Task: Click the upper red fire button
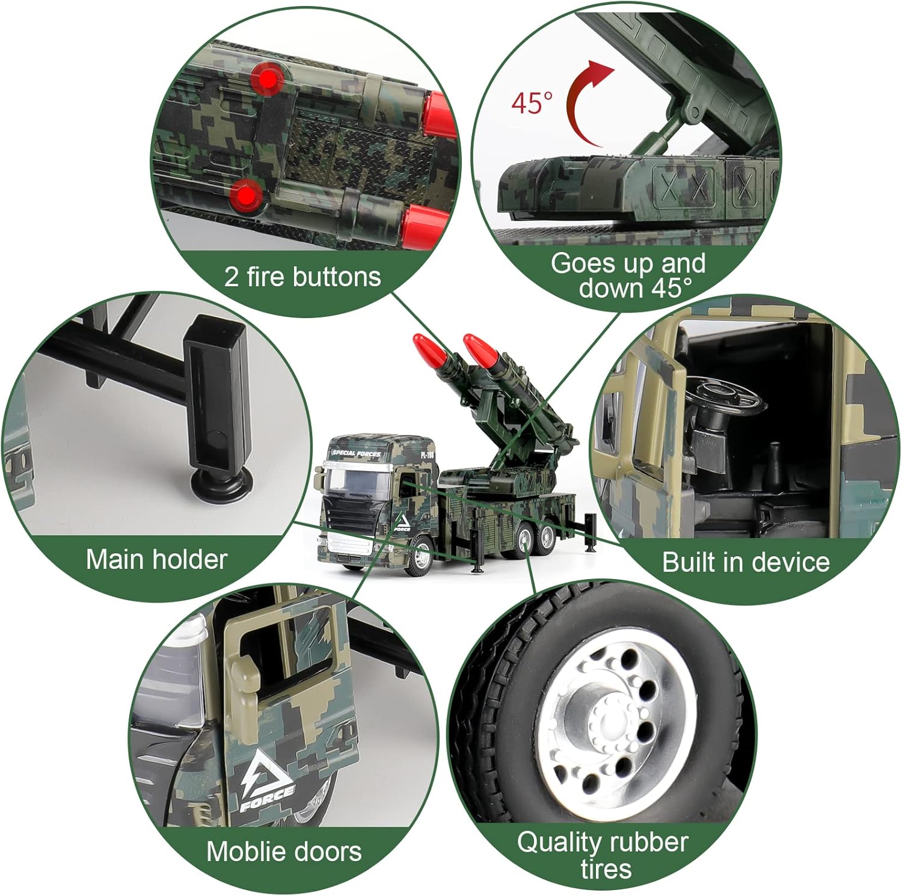pos(268,79)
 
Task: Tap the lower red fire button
pos(247,195)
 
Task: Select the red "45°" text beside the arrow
pos(532,103)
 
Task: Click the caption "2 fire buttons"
pos(302,277)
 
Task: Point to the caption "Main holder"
pos(156,559)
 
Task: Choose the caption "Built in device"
pos(746,562)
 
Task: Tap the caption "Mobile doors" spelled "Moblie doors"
pos(284,852)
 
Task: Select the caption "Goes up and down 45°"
pos(628,275)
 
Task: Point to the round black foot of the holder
pos(217,482)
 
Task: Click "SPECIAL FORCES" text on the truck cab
pos(357,453)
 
